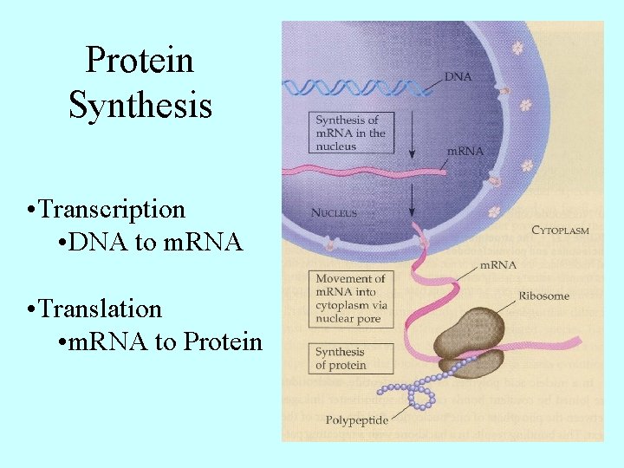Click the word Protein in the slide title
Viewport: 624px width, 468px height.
coord(140,61)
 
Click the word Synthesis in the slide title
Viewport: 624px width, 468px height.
coord(140,105)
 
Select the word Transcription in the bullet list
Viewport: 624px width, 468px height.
coord(112,210)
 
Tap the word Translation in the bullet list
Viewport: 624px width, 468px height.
coord(101,309)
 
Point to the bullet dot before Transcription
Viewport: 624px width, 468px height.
coord(31,211)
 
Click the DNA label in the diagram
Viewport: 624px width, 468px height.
coord(458,76)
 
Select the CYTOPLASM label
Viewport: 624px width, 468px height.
coord(560,231)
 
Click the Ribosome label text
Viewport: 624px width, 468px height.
coord(543,296)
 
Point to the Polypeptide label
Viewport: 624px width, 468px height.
coord(356,420)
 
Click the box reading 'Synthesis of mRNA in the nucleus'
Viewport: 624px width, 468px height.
coord(350,133)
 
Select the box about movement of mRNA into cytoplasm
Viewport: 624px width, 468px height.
coord(350,299)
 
